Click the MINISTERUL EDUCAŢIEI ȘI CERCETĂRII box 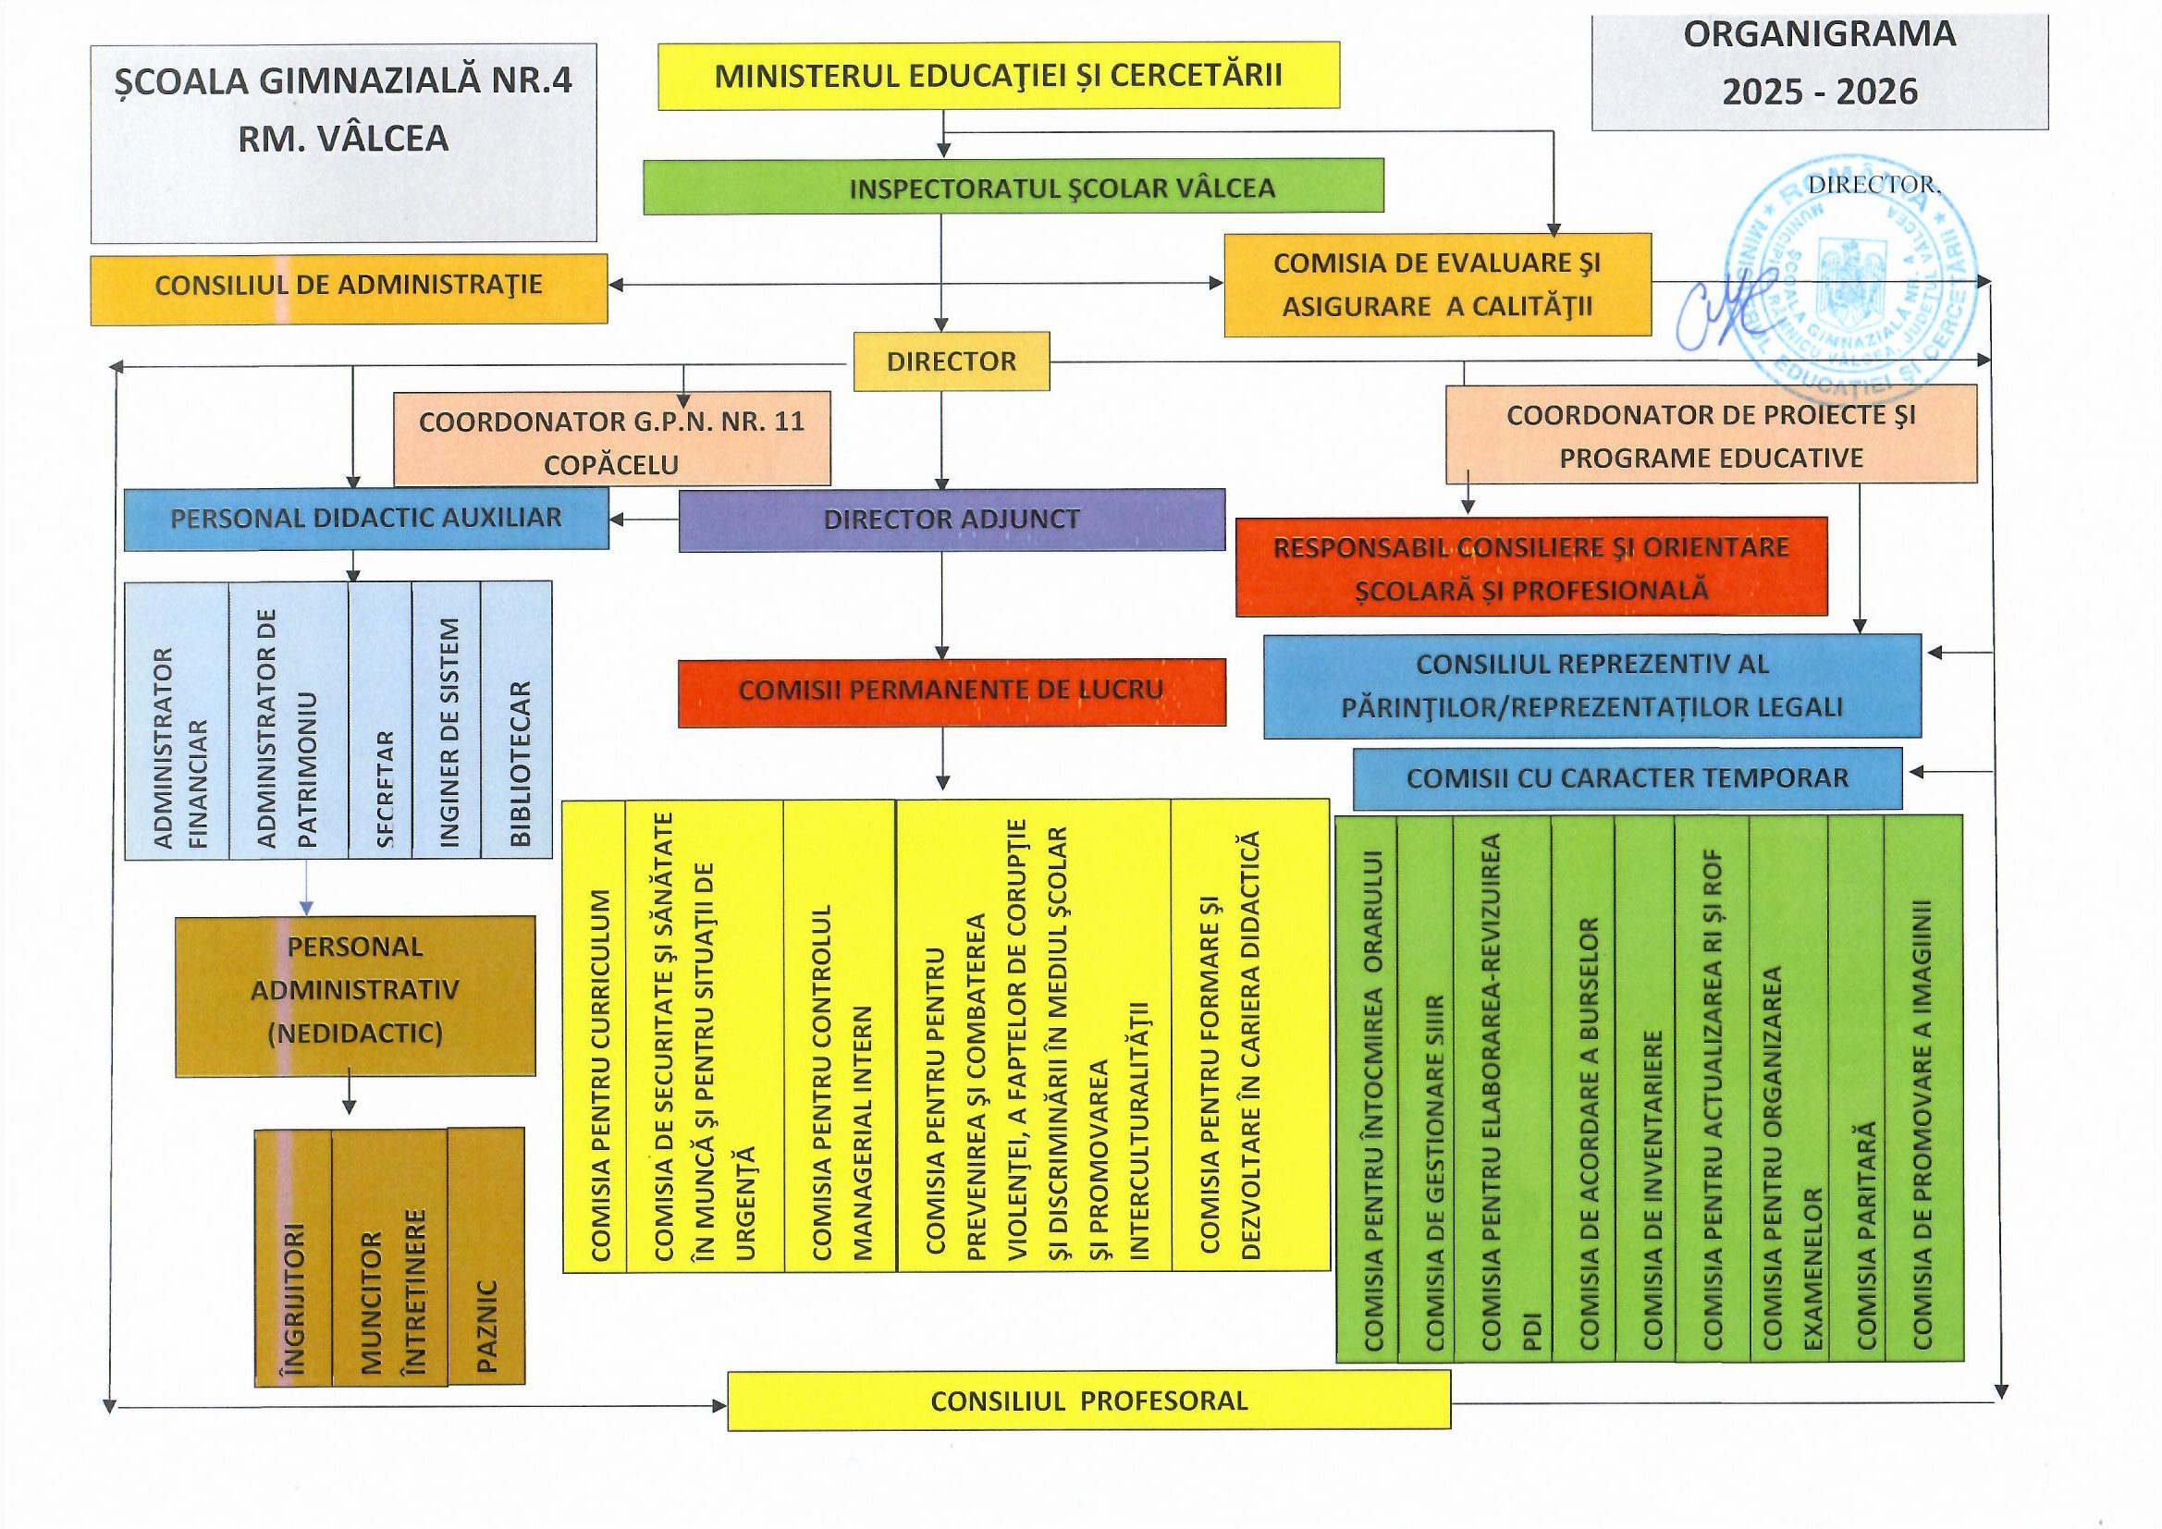click(x=998, y=75)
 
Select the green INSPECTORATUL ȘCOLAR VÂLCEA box click(x=1013, y=187)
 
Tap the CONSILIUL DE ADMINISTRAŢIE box click(x=349, y=287)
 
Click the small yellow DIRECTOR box click(x=951, y=361)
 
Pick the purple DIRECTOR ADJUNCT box click(x=951, y=519)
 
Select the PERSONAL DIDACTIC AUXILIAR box click(x=366, y=518)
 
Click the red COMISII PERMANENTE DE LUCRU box click(x=951, y=691)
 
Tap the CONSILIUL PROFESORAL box click(x=1088, y=1401)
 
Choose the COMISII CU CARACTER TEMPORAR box click(x=1628, y=778)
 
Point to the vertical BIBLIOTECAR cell click(x=517, y=720)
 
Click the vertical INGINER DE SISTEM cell click(x=448, y=720)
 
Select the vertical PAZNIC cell click(x=485, y=1256)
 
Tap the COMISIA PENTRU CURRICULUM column click(x=596, y=1035)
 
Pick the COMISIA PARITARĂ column click(x=1856, y=1087)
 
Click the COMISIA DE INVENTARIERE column click(x=1644, y=1087)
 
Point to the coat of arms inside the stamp click(x=1851, y=273)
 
